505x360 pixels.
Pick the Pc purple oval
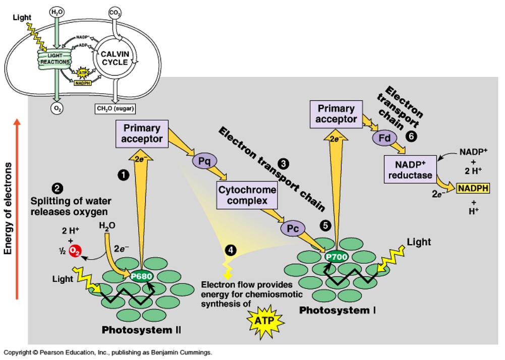coord(293,228)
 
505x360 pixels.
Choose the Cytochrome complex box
coord(247,196)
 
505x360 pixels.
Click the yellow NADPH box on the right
coord(474,189)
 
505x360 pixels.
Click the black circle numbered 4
coord(230,250)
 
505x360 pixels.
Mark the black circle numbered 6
coord(411,136)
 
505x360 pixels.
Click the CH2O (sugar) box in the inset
coord(115,107)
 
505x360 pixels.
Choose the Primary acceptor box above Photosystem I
coord(336,114)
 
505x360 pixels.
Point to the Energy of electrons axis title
coord(10,212)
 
